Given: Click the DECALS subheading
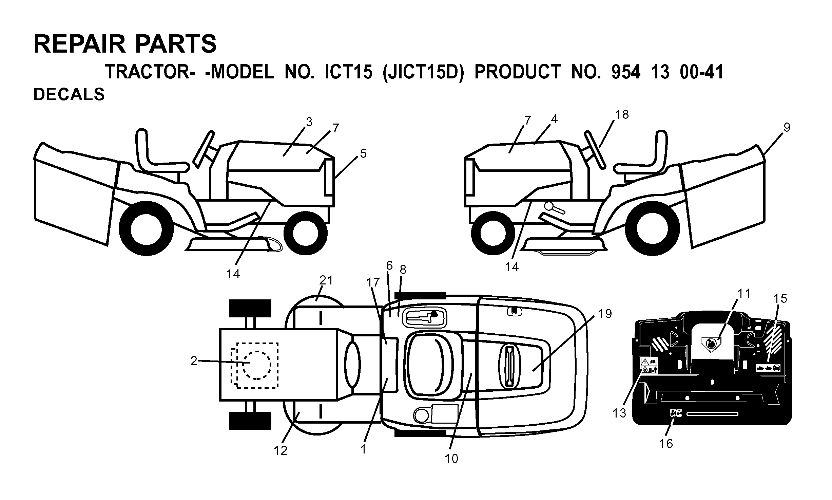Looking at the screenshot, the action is click(x=69, y=94).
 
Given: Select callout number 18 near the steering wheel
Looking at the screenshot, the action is click(x=622, y=115).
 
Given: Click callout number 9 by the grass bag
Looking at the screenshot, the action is click(x=787, y=128).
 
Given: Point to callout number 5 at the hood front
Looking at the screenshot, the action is click(x=363, y=154).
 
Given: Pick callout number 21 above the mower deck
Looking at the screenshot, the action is click(x=326, y=280).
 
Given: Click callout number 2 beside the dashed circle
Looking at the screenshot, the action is click(x=194, y=361).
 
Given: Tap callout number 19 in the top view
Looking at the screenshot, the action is click(x=605, y=314).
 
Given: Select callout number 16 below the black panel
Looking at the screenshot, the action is click(x=666, y=444).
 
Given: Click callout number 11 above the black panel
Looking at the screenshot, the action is click(x=744, y=293).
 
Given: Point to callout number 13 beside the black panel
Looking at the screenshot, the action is click(x=619, y=413).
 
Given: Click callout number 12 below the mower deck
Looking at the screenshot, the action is click(x=280, y=451).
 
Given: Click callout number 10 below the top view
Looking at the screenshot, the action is click(x=451, y=459).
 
